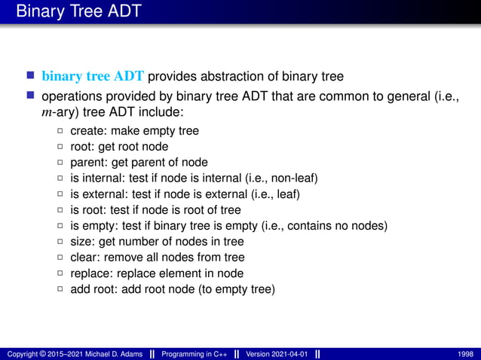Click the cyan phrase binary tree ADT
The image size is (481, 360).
tap(93, 76)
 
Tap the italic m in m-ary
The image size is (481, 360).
tap(46, 112)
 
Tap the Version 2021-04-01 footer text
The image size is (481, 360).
tap(276, 353)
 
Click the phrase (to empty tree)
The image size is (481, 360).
tap(236, 289)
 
